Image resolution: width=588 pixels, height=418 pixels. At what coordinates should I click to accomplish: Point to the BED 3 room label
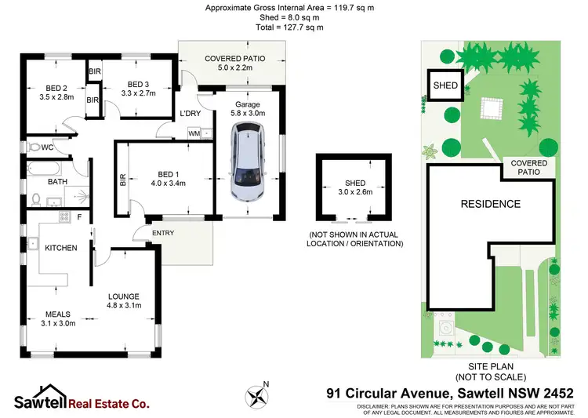tap(138, 84)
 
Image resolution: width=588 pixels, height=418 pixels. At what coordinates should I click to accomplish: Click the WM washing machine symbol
tap(194, 134)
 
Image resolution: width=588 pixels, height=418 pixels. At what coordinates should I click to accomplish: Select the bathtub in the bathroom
tap(45, 168)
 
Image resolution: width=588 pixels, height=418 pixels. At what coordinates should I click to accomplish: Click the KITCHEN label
tap(60, 248)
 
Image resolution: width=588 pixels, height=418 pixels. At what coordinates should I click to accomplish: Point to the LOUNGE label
tap(124, 296)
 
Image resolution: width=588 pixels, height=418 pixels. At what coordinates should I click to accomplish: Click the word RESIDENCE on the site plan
tap(490, 204)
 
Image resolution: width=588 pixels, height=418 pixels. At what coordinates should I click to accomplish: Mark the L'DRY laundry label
tap(191, 114)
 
